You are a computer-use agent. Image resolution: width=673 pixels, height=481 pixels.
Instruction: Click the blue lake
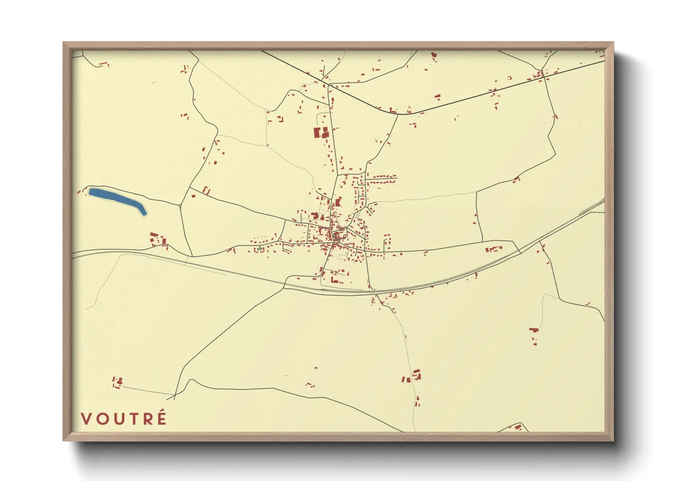[x=116, y=199]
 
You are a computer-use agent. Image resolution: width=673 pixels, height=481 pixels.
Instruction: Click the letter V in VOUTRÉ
[x=86, y=419]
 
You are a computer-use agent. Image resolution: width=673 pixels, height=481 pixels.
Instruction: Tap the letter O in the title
[x=103, y=419]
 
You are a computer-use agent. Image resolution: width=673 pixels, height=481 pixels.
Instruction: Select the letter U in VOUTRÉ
[x=120, y=419]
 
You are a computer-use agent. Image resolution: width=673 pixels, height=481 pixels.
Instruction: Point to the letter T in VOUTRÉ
[x=134, y=419]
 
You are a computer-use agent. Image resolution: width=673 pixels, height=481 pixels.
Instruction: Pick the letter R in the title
[x=148, y=419]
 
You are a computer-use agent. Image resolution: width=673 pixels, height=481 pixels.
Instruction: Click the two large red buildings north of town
[x=321, y=133]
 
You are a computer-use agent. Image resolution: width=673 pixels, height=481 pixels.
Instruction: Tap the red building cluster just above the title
[x=117, y=382]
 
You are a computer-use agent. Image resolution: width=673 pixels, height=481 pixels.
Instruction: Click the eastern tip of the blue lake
[x=145, y=213]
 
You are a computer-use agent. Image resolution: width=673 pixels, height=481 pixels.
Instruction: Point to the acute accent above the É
[x=163, y=411]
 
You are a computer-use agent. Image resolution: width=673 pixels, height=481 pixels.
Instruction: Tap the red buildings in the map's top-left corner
[x=104, y=65]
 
